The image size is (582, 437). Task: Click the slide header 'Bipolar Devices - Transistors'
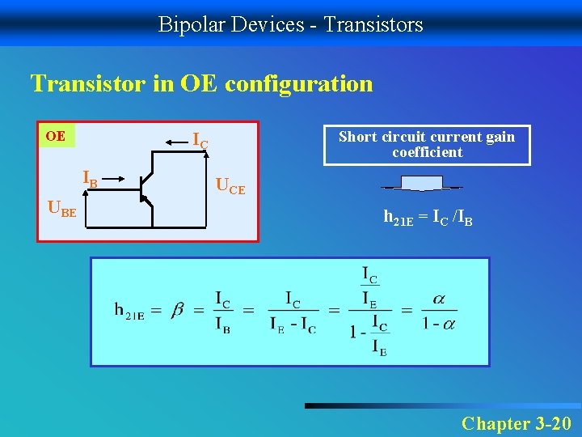[x=290, y=24]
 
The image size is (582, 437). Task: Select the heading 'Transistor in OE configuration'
[x=201, y=83]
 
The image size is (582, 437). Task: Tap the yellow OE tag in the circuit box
[x=56, y=135]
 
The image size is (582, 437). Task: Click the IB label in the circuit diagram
[x=90, y=179]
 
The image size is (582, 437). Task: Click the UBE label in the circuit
[x=63, y=210]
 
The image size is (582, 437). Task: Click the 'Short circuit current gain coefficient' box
[x=427, y=145]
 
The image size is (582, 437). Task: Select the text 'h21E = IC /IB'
[x=428, y=217]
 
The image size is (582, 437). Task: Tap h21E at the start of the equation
[x=129, y=311]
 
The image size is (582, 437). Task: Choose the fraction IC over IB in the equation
[x=222, y=312]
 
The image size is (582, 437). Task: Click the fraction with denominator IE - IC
[x=293, y=312]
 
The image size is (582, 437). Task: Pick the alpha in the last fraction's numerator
[x=439, y=299]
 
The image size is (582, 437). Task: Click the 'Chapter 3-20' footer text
[x=516, y=422]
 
